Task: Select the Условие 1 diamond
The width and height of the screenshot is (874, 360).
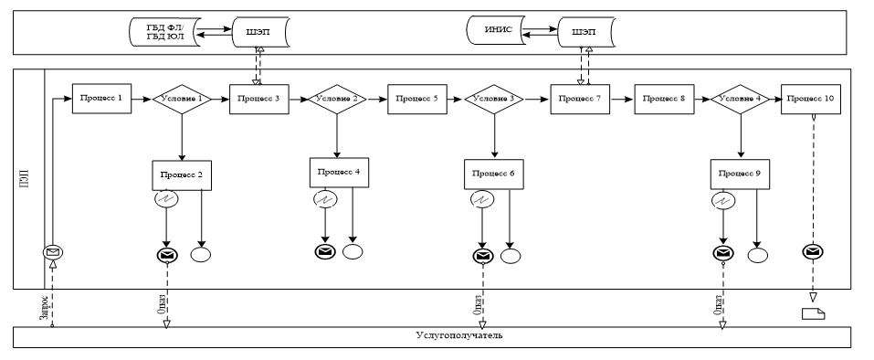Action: click(x=181, y=98)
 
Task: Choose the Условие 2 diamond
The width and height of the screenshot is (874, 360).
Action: click(x=338, y=98)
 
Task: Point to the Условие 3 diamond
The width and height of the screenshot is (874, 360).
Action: click(x=494, y=98)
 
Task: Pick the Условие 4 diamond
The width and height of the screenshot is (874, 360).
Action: click(x=741, y=98)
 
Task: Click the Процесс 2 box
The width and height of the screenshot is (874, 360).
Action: click(x=182, y=175)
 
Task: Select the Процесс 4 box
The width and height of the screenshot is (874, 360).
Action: click(x=339, y=171)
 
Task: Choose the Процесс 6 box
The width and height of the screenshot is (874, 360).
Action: click(x=494, y=174)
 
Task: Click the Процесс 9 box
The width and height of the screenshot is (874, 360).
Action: click(x=741, y=175)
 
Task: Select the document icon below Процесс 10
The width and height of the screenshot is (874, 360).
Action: click(x=813, y=313)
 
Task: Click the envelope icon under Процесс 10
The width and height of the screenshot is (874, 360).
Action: click(x=813, y=251)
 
